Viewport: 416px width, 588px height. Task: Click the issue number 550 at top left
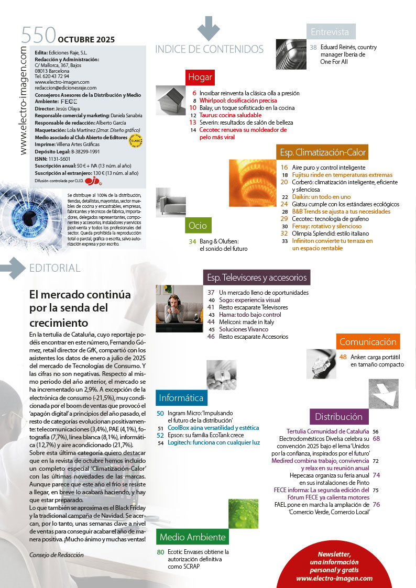[x=38, y=36]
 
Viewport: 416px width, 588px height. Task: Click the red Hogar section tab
[x=200, y=77]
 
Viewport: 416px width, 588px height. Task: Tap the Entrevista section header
[x=330, y=32]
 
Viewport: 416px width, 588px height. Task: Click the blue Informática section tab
[x=181, y=398]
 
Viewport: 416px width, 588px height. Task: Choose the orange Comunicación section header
[x=368, y=342]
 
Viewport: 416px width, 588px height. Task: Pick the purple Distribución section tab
[x=338, y=417]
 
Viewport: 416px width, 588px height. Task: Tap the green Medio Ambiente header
[x=192, y=537]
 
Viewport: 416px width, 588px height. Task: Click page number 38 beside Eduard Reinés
[x=313, y=47]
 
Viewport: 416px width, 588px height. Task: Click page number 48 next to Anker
[x=343, y=357]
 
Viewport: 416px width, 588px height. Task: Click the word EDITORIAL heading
[x=55, y=268]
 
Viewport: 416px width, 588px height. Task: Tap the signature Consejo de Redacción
[x=57, y=555]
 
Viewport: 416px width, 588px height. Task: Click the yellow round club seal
[x=136, y=140]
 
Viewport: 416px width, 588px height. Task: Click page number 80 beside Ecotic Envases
[x=161, y=552]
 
